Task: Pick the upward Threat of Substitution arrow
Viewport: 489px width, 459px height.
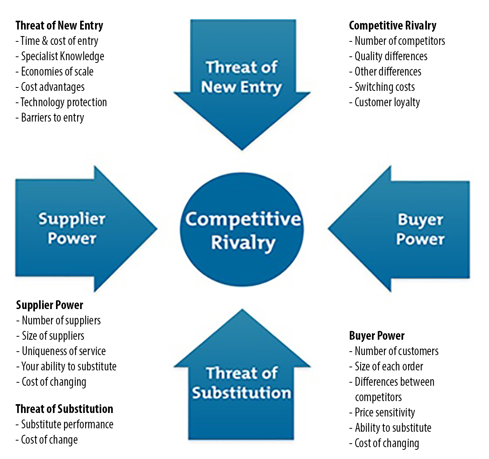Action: pyautogui.click(x=242, y=383)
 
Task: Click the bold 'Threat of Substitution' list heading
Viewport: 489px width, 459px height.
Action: pyautogui.click(x=64, y=409)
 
